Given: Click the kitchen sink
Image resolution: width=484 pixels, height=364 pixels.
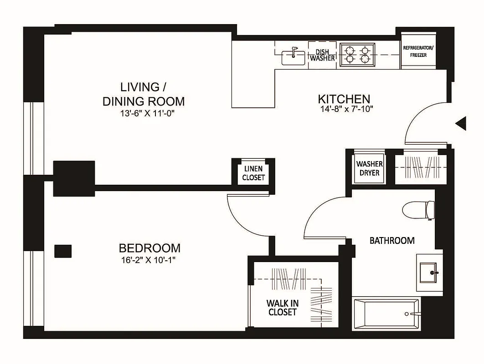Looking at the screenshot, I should pos(293,57).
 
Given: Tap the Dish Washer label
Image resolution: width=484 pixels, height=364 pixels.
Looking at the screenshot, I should pos(323,56).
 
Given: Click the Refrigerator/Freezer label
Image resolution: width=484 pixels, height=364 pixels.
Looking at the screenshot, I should pos(418,51).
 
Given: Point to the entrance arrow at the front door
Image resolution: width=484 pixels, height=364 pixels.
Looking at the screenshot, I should pos(461,123).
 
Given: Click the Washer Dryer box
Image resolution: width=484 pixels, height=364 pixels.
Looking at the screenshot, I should pos(369,168).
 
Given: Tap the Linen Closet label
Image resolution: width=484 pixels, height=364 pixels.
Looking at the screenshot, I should pos(253,173).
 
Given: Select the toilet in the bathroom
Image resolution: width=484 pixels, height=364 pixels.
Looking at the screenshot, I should pos(418,210).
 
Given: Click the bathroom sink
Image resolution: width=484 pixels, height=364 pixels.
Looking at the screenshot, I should pos(429,272).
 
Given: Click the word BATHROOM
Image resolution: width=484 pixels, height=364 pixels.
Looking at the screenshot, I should pos(391,240).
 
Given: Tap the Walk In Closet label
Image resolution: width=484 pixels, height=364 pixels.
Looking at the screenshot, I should pos(282,307).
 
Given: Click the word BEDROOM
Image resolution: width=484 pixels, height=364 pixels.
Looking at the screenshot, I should pos(149,248).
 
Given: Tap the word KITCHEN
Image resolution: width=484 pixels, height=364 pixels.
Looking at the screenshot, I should pos(343,99).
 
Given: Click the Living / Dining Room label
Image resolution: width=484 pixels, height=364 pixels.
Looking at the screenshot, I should pos(143,94).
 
